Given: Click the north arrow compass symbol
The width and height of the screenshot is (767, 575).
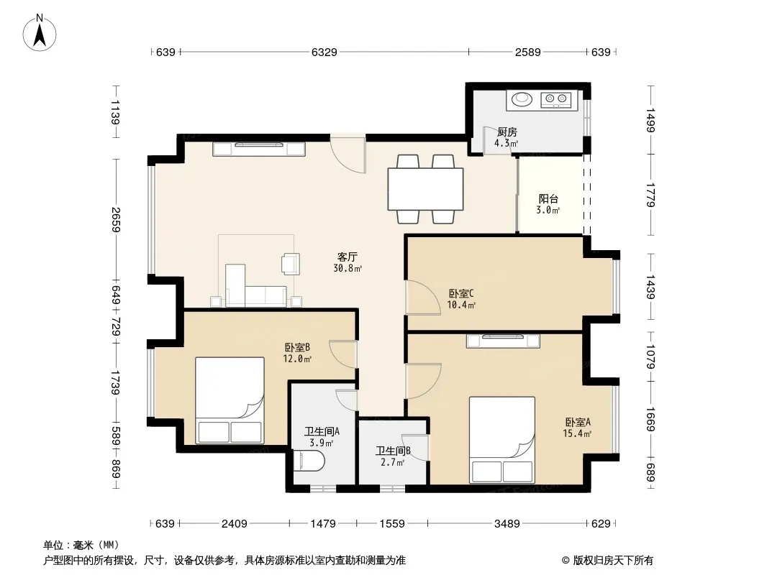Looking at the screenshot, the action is tap(40, 33).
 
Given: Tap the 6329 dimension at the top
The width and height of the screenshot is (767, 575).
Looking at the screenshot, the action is tap(324, 52).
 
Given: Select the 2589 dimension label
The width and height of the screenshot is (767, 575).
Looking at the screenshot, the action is tap(528, 52).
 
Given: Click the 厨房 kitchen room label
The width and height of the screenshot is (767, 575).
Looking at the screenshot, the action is tap(507, 132).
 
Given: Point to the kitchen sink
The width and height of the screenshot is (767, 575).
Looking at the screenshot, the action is tap(522, 99).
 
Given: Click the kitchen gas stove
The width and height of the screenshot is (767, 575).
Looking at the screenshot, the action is tap(556, 100).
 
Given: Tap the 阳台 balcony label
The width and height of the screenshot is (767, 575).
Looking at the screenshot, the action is tap(548, 198).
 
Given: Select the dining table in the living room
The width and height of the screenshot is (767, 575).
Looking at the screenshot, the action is tap(425, 189).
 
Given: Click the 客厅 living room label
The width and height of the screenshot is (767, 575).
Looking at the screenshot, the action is tap(348, 257).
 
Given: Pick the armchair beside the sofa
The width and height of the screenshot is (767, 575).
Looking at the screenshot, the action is tap(291, 264).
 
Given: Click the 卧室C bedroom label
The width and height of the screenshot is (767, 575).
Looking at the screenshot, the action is tap(461, 293).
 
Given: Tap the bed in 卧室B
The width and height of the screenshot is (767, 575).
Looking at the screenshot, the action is tap(230, 400).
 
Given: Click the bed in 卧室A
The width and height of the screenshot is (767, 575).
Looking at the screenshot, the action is tap(502, 440).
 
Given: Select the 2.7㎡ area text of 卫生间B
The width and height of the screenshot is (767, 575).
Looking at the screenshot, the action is tap(393, 462).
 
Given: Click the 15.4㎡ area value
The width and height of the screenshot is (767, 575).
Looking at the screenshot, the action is tap(578, 433).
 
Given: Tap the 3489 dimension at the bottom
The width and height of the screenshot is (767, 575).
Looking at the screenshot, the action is tap(507, 524).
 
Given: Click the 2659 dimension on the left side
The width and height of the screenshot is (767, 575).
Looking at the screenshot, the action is tap(115, 219).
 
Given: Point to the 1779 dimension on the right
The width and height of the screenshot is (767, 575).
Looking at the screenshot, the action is tap(650, 195).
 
